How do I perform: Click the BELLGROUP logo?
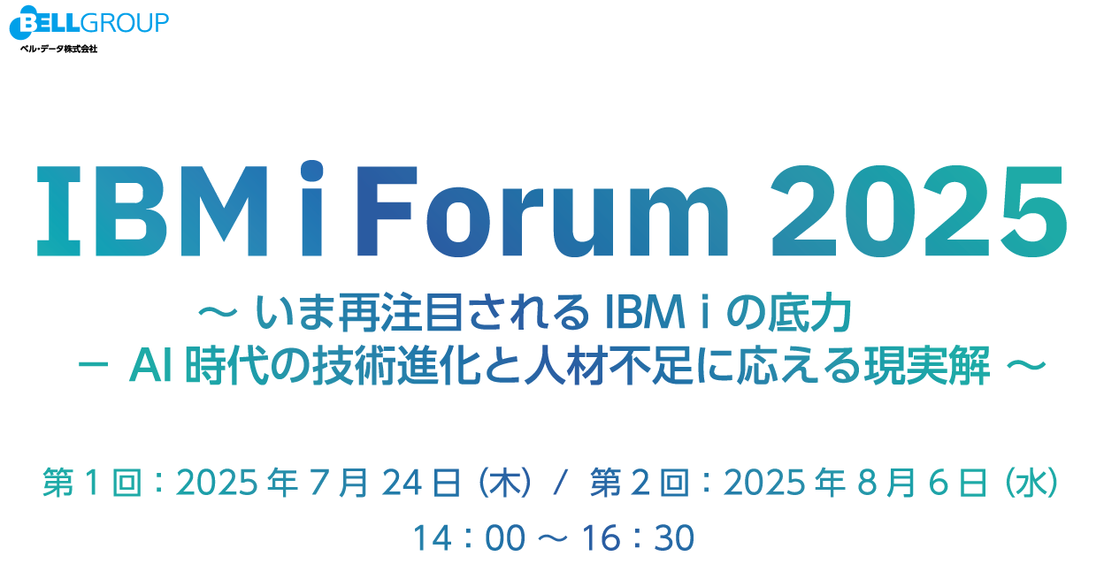pyautogui.click(x=89, y=23)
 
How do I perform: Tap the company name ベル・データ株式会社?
pyautogui.click(x=58, y=49)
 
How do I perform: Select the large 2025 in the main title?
pyautogui.click(x=919, y=211)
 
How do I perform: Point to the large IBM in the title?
pyautogui.click(x=152, y=211)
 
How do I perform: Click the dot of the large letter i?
pyautogui.click(x=312, y=171)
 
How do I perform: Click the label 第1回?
pyautogui.click(x=93, y=482)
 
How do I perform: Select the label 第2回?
pyautogui.click(x=640, y=482)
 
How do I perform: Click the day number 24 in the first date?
pyautogui.click(x=402, y=483)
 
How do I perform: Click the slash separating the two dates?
pyautogui.click(x=561, y=482)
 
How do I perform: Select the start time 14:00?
pyautogui.click(x=469, y=537)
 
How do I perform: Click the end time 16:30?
pyautogui.click(x=638, y=537)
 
